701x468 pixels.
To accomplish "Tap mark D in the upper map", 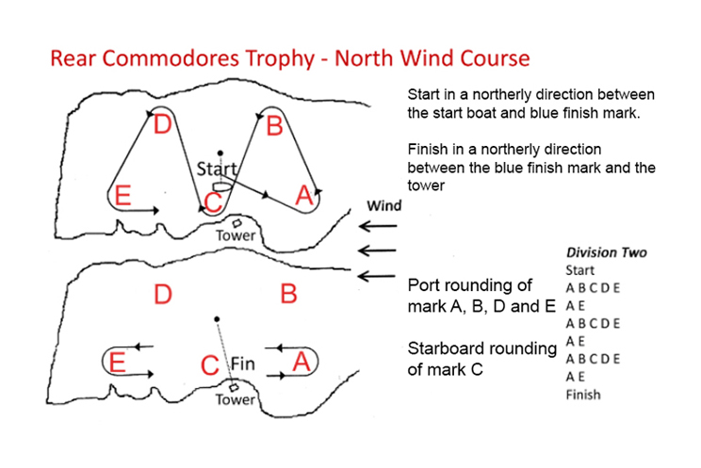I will [162, 124].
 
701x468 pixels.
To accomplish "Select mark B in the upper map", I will [274, 124].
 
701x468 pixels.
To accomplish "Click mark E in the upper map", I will [120, 196].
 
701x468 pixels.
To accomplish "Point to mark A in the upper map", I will [303, 195].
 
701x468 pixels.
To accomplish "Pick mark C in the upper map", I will [213, 201].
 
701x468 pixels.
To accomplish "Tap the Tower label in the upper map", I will [235, 235].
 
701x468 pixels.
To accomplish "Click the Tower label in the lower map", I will [235, 399].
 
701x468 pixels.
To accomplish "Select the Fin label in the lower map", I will [243, 363].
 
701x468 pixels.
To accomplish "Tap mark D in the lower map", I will [163, 295].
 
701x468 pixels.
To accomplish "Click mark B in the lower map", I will [288, 295].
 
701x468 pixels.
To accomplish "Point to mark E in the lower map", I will [118, 363].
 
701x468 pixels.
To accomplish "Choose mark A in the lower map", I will [303, 362].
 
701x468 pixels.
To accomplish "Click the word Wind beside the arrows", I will [385, 206].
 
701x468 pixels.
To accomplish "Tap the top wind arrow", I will [377, 227].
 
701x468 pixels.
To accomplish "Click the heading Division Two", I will [606, 252].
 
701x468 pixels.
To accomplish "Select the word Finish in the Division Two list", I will [584, 395].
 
